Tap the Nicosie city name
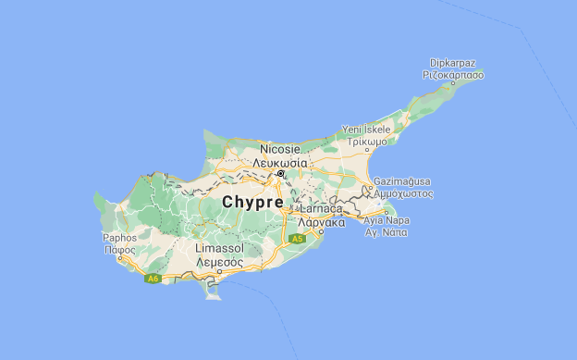(280, 149)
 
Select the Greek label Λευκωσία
(280, 161)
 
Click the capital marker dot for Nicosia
(280, 173)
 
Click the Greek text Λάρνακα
(322, 223)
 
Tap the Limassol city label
(218, 250)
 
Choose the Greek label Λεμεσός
(218, 262)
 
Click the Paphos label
(119, 238)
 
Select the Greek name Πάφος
(119, 249)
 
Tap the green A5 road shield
(297, 239)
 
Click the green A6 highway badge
(153, 278)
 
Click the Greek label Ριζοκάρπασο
(453, 74)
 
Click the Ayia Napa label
(388, 221)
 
